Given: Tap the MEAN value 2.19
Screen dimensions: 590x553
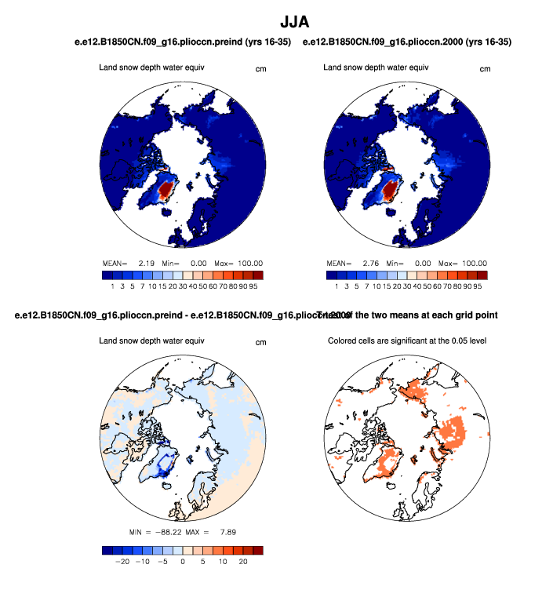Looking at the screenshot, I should point(146,263).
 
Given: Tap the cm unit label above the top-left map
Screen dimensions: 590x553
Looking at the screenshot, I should point(261,69).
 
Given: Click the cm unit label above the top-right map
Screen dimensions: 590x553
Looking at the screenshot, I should point(485,69).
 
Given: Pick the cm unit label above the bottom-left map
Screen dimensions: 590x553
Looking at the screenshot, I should point(261,342).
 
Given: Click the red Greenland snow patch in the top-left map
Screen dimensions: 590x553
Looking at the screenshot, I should point(166,190).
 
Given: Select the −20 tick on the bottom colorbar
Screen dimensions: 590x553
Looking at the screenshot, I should point(122,563).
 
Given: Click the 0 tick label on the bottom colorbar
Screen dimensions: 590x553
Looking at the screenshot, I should point(182,563).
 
